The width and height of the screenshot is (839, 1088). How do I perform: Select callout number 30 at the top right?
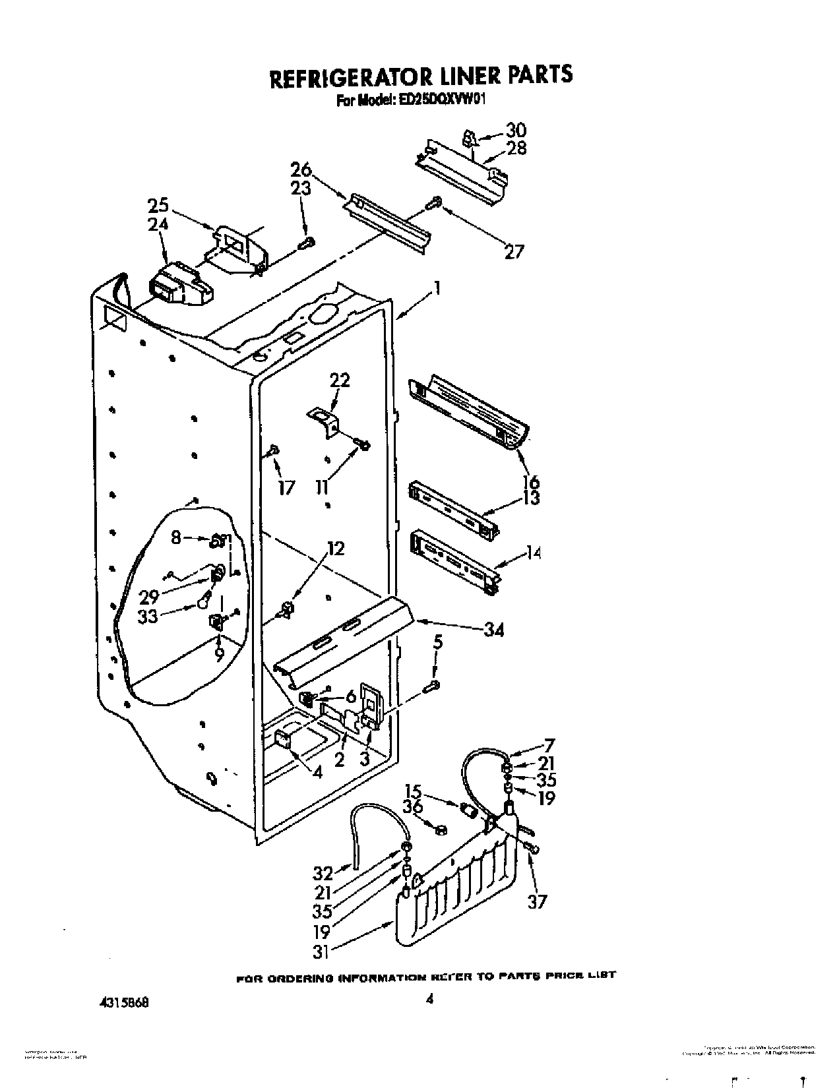click(x=516, y=130)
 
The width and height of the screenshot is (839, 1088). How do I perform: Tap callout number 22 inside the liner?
click(x=340, y=380)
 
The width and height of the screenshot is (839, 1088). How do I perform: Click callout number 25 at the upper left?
click(x=158, y=206)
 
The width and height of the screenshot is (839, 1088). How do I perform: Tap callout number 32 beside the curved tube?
click(x=323, y=873)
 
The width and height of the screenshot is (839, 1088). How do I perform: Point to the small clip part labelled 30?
click(x=469, y=139)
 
